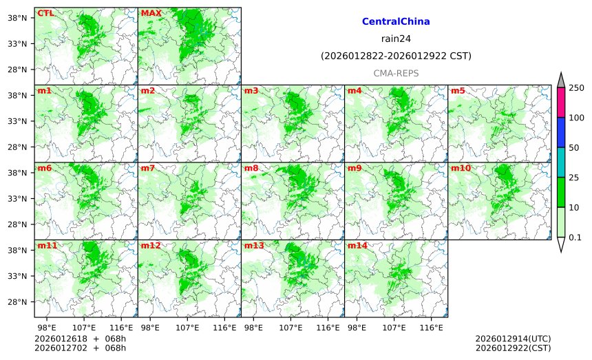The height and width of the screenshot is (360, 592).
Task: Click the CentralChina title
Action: tap(396, 22)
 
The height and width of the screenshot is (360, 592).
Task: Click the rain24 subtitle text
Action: tap(396, 39)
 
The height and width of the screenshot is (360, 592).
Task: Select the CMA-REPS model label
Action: tap(396, 73)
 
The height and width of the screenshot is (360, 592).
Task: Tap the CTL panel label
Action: tap(45, 13)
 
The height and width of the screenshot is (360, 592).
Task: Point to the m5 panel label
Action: tap(458, 91)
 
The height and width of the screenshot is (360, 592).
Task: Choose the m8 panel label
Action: tap(251, 168)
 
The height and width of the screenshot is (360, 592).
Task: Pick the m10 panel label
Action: tap(461, 168)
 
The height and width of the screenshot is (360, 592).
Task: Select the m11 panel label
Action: tap(47, 246)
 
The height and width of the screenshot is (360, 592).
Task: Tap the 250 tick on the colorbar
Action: tap(576, 88)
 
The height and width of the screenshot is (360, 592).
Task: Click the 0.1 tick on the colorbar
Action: tap(575, 237)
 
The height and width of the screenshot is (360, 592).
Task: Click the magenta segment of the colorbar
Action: tap(561, 103)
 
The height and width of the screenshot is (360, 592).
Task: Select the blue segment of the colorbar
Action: tap(561, 132)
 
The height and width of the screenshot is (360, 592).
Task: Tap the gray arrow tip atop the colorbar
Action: tap(561, 79)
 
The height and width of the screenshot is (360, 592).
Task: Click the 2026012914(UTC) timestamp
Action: tap(513, 339)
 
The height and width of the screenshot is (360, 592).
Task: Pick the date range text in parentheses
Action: tap(396, 56)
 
